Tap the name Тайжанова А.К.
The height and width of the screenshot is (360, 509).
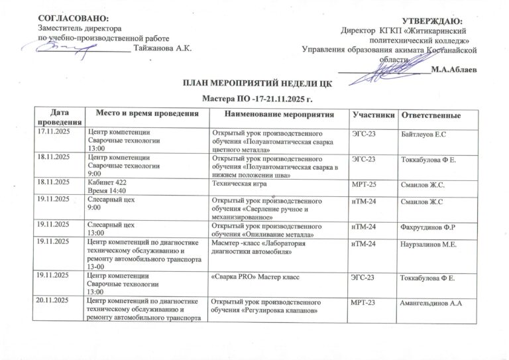[x=162, y=49]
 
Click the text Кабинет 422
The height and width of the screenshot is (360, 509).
[x=110, y=182]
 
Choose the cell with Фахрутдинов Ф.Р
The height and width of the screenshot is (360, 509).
[x=430, y=227]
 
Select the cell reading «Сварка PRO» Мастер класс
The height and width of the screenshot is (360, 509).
[x=254, y=273]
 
